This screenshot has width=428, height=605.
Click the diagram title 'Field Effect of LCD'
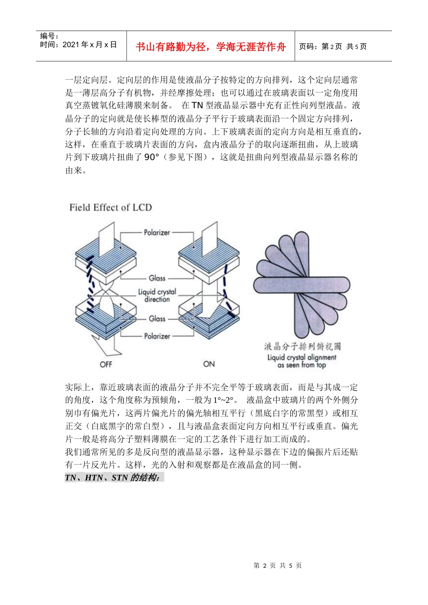point(110,208)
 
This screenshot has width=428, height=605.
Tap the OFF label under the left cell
point(106,364)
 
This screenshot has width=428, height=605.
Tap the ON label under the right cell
point(209,364)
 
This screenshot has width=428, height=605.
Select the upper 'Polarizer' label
point(157,233)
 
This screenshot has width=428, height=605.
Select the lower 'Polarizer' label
point(157,336)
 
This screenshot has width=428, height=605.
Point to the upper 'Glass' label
point(157,278)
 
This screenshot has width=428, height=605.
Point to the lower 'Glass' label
point(157,319)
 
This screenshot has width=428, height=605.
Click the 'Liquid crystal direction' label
point(157,296)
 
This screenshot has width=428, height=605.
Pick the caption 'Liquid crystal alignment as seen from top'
point(301,361)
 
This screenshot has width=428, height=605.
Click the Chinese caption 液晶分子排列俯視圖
point(302,346)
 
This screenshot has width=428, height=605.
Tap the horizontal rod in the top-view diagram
point(301,284)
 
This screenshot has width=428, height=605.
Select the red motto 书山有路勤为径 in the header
point(210,47)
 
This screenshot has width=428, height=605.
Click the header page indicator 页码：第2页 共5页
point(333,47)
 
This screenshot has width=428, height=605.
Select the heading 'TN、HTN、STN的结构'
point(112,478)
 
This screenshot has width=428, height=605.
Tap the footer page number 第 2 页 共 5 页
point(278,565)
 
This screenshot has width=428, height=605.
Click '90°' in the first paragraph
point(152,158)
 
